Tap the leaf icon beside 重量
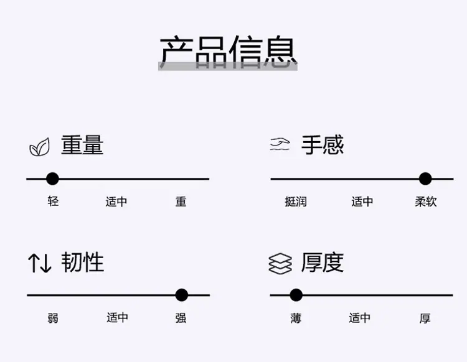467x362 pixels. [40, 147]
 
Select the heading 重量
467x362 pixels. [82, 145]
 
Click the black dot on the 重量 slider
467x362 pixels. [53, 179]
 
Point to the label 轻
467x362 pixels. [53, 202]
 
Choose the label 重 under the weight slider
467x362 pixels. [181, 202]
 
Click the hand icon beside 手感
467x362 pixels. [280, 144]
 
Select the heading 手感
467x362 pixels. [323, 145]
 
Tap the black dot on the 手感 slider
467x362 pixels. [425, 179]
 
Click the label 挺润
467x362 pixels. [296, 202]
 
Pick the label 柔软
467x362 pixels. [426, 202]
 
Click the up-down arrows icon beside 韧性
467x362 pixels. [40, 263]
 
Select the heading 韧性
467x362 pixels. [82, 262]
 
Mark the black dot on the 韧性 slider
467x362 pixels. [182, 295]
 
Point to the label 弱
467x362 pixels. [53, 318]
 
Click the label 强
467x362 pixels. [181, 318]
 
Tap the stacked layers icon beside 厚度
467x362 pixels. [280, 264]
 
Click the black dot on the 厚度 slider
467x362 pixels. [296, 295]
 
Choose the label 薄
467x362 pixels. [296, 318]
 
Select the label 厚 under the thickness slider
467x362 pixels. [425, 318]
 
